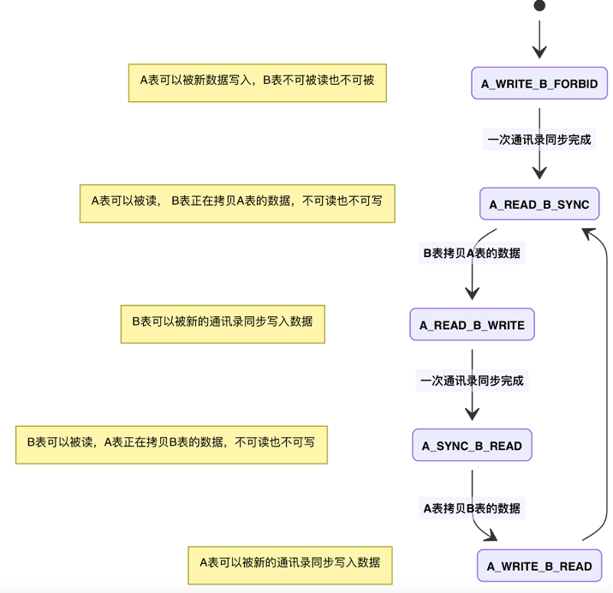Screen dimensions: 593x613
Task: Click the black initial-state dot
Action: pos(539,6)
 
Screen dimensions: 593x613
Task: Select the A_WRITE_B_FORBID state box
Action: pos(539,84)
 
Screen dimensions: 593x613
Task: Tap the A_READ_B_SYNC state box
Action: pos(539,205)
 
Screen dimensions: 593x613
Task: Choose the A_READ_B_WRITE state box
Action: pos(472,326)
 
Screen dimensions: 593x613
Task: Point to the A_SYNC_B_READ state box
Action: pos(472,446)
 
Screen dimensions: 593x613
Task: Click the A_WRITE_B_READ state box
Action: pos(539,566)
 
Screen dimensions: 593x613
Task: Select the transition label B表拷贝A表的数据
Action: pos(472,253)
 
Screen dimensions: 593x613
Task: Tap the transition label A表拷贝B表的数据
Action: pos(472,507)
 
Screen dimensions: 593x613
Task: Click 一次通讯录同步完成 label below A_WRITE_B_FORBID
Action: pos(539,139)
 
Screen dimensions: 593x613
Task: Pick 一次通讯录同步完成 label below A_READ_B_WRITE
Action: pos(472,380)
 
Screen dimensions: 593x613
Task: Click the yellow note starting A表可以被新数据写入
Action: pos(257,83)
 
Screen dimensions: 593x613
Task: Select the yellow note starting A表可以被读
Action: pos(237,203)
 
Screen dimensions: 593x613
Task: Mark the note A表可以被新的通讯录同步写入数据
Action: pos(290,565)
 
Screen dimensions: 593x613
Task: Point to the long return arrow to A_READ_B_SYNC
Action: pos(607,386)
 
